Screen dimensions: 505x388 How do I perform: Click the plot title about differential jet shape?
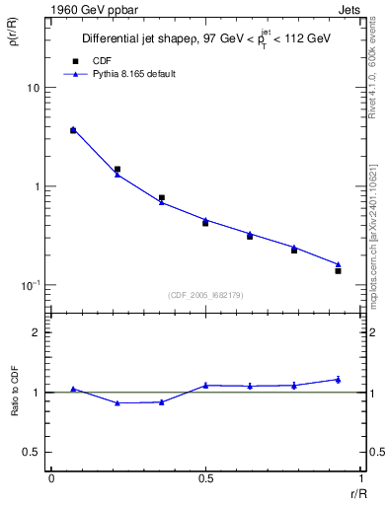(206, 39)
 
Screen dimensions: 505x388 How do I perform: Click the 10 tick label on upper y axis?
(33, 88)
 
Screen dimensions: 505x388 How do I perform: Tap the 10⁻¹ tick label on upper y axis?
(30, 284)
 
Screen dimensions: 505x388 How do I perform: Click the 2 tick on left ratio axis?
(38, 332)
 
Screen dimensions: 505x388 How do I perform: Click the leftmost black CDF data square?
(73, 130)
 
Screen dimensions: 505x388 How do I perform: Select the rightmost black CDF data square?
(338, 270)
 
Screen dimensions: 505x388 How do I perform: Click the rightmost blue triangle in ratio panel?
(338, 379)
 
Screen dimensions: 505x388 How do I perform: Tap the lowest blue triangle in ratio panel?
(117, 402)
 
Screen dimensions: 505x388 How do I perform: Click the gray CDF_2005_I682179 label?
(205, 294)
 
